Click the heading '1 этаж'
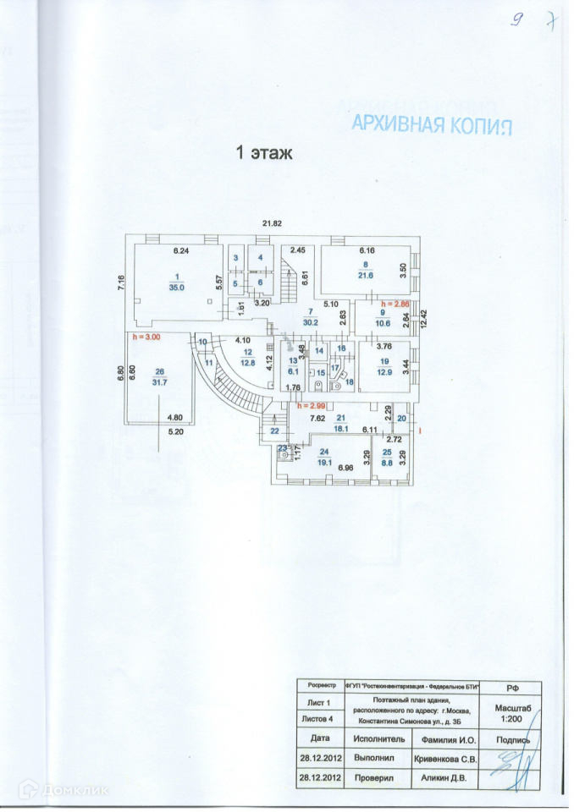click(x=263, y=153)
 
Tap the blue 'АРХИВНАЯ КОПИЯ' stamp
click(x=432, y=124)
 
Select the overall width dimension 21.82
click(x=271, y=222)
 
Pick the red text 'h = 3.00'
click(x=147, y=337)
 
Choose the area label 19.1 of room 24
click(x=324, y=463)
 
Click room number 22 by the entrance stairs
click(x=274, y=431)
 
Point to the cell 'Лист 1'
click(x=317, y=703)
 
